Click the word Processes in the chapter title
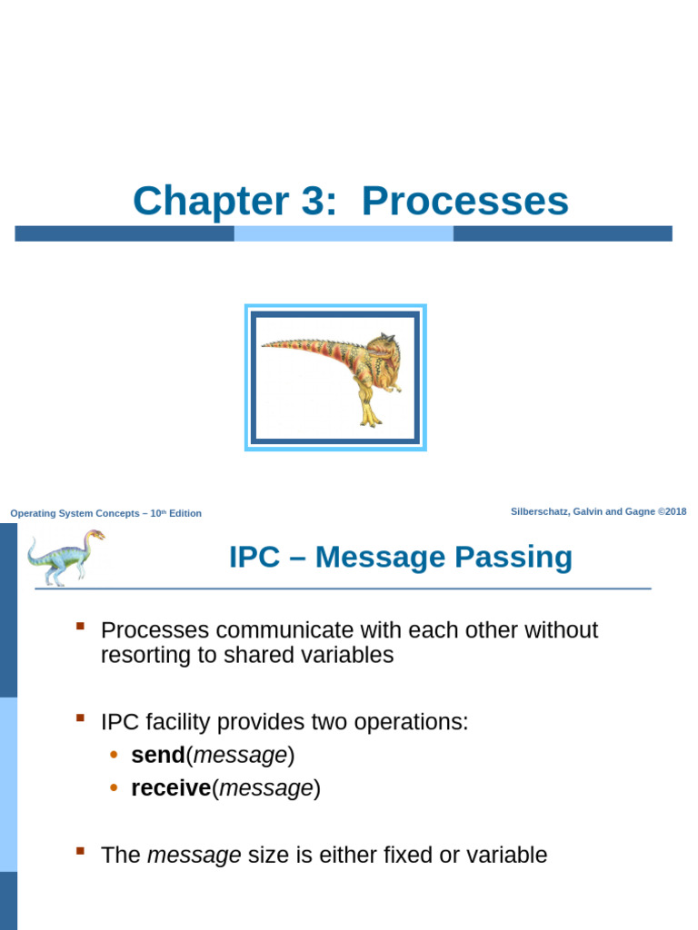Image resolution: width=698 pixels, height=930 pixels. (x=465, y=202)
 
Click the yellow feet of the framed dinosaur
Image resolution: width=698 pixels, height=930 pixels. (x=370, y=419)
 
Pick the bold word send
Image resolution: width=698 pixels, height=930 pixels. (x=157, y=755)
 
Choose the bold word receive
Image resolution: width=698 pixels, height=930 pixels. (x=171, y=788)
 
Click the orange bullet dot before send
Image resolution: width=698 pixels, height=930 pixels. (x=114, y=755)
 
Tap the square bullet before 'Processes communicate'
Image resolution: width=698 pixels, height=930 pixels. (x=80, y=627)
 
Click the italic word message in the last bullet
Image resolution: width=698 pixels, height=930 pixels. (x=194, y=855)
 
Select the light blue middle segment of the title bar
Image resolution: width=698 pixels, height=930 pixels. (x=344, y=233)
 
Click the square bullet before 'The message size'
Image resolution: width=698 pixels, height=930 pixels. (x=80, y=851)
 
